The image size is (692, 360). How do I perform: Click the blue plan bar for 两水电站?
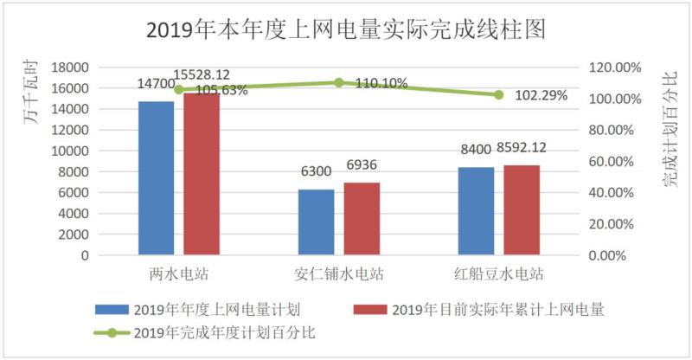coord(156,177)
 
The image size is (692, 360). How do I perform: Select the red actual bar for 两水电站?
coord(202,173)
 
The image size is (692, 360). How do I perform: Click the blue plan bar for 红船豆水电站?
coord(477,210)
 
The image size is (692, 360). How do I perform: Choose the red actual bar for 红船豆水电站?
coord(522,209)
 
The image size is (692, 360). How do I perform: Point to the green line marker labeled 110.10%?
coord(339,82)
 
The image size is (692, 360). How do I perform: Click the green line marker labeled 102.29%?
coord(499,94)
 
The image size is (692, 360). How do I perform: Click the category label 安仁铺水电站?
coord(338,275)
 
